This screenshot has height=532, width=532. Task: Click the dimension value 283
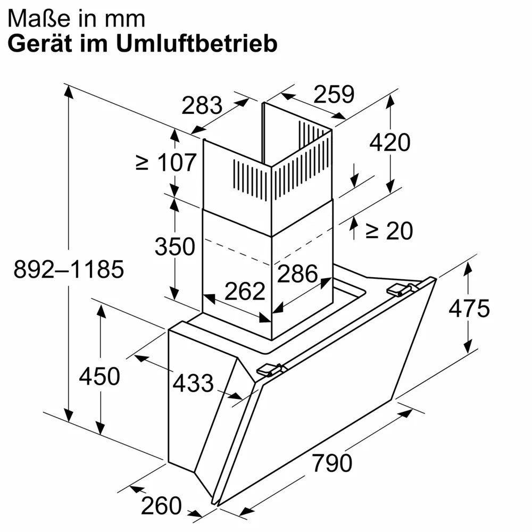click(x=202, y=105)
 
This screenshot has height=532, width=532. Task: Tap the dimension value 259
click(x=334, y=94)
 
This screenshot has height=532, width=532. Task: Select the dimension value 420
click(x=390, y=143)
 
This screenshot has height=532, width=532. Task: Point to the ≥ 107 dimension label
click(x=167, y=162)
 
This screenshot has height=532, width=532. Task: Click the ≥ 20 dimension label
click(x=389, y=230)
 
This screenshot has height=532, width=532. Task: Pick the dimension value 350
click(x=175, y=246)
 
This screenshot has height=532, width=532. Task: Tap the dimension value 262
click(x=245, y=291)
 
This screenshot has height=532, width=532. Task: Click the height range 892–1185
click(x=69, y=270)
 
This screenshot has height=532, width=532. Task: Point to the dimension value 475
click(x=469, y=309)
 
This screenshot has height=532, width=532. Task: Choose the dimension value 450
click(x=99, y=377)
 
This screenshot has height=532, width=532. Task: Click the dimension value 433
click(x=193, y=383)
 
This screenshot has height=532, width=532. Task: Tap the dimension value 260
click(x=161, y=505)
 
